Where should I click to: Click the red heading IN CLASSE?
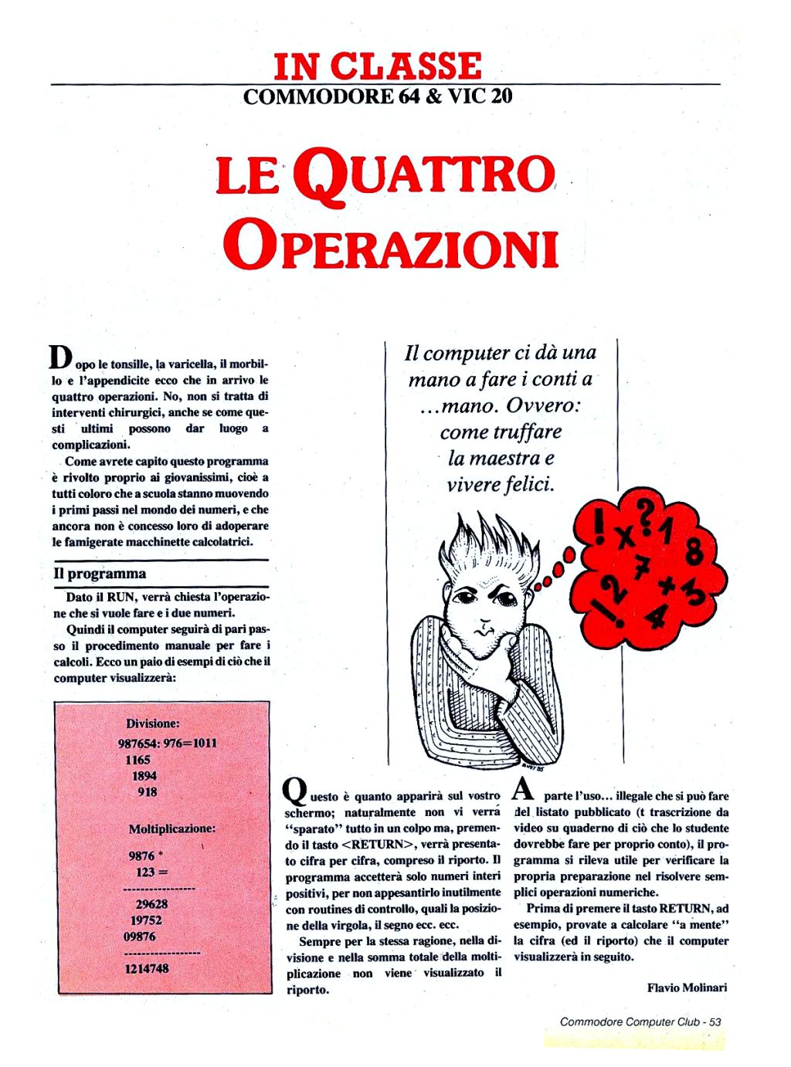(x=378, y=66)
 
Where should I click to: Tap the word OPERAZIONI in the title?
(x=390, y=246)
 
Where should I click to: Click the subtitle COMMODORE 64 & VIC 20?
(x=378, y=97)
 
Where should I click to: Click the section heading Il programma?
(x=99, y=574)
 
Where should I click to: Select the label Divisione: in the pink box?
(x=153, y=723)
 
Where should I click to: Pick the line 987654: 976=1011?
(x=168, y=743)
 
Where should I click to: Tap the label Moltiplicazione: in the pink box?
(x=171, y=828)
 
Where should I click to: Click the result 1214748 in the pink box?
(x=147, y=968)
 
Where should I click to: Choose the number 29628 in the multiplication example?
(x=151, y=904)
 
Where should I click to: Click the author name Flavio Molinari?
(x=687, y=987)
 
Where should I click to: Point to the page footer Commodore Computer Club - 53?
(x=640, y=1021)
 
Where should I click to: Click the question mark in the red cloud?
(x=644, y=510)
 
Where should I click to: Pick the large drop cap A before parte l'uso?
(x=523, y=789)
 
